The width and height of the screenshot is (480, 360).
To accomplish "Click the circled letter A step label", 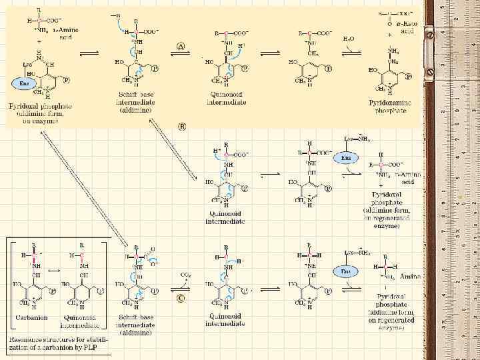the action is click(x=181, y=45).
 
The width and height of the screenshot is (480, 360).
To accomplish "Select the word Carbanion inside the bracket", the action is click(x=32, y=317).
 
